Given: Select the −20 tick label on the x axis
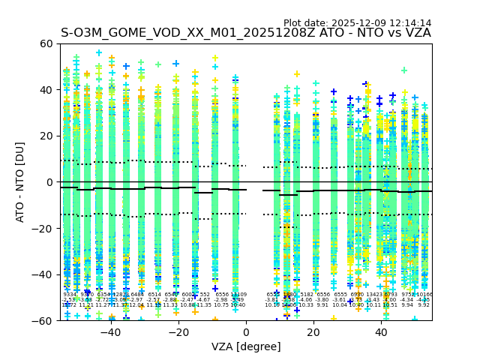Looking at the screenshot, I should click(178, 332).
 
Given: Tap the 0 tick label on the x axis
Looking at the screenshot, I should click(246, 332).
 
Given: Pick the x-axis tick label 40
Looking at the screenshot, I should click(382, 332).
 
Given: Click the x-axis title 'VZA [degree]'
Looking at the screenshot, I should click(246, 346).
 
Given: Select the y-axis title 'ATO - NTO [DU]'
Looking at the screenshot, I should click(21, 182).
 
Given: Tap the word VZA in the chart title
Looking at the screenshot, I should click(416, 33).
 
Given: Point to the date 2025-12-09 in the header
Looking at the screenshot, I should click(359, 23).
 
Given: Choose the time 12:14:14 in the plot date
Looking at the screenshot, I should click(410, 23).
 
